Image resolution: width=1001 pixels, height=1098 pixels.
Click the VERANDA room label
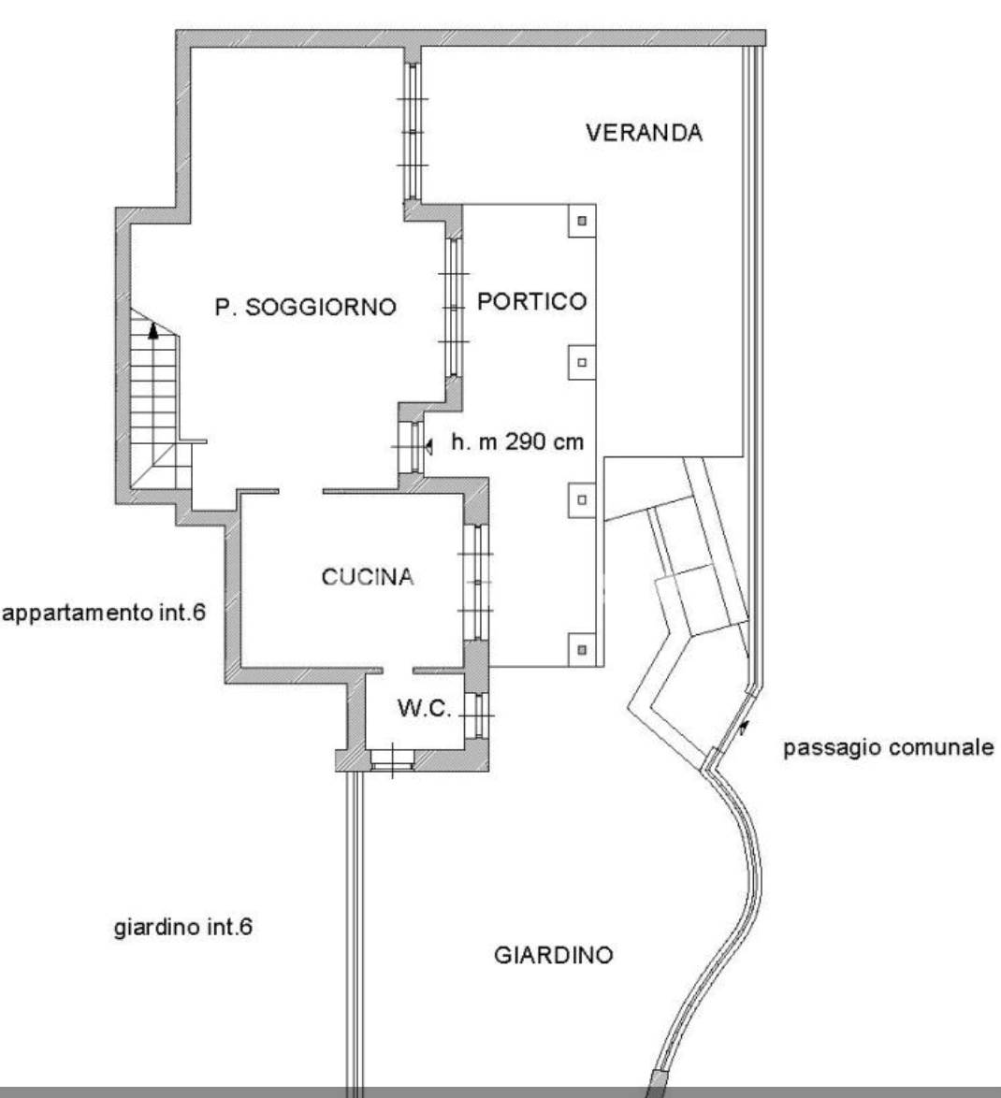click(644, 133)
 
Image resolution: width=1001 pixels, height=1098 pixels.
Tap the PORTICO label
click(531, 301)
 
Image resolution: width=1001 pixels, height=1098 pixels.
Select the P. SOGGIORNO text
click(305, 307)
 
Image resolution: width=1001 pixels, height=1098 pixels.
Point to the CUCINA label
click(368, 577)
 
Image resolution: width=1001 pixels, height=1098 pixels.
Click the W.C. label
click(425, 708)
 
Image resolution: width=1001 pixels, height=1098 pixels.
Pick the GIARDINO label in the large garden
click(554, 955)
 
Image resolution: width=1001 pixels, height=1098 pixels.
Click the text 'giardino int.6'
click(182, 927)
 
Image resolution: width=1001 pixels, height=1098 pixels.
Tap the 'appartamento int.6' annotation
click(105, 613)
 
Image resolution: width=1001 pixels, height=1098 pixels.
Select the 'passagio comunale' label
click(888, 748)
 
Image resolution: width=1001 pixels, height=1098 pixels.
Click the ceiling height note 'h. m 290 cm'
click(517, 441)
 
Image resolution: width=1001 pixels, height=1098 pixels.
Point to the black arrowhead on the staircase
click(153, 330)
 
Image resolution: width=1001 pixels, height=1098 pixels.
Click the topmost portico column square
click(581, 221)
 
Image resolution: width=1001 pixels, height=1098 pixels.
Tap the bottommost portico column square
click(581, 650)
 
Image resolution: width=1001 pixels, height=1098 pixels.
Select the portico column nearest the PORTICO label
click(581, 363)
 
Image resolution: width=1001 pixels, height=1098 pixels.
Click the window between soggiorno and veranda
click(413, 132)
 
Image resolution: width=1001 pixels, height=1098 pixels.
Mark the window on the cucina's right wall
click(476, 582)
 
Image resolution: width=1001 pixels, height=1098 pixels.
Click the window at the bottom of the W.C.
click(392, 760)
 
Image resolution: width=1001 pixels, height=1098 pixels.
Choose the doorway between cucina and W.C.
click(398, 671)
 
